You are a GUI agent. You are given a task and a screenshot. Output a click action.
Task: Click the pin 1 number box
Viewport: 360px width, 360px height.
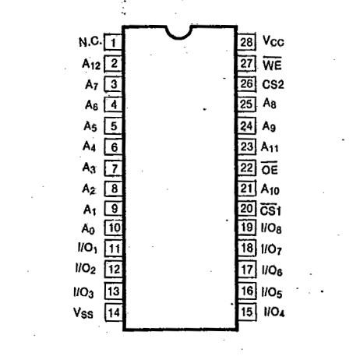pos(113,42)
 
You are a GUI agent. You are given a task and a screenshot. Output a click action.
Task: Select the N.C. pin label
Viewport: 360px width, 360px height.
pos(90,41)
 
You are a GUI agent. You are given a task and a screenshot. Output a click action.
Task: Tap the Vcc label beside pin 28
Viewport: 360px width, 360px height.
pos(274,41)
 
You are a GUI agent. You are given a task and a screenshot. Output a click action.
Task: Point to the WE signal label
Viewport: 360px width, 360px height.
pos(272,64)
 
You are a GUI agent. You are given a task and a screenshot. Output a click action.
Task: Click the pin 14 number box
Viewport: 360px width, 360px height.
pos(114,312)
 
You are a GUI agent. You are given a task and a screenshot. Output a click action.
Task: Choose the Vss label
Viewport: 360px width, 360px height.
pos(83,313)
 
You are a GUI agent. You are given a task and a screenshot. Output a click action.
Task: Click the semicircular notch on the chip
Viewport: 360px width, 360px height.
pos(179,33)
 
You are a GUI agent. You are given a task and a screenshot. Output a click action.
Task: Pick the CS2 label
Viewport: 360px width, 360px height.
pos(273,84)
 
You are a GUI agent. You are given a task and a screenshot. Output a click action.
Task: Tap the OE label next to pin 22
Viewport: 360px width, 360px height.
pos(270,168)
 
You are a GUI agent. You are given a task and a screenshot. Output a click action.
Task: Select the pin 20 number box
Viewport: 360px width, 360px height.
pos(247,209)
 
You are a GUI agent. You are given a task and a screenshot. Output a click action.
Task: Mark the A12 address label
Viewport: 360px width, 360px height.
pos(91,64)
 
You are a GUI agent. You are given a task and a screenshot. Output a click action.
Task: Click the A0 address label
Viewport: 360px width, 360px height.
pos(88,229)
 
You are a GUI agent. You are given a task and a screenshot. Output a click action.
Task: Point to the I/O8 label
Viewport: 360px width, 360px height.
pos(271,228)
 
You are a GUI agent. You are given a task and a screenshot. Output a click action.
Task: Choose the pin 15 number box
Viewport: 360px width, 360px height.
pos(247,312)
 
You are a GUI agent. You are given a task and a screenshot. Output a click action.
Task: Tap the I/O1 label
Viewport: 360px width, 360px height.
pos(87,248)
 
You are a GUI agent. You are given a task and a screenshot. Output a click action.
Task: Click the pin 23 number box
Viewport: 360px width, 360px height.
pos(247,147)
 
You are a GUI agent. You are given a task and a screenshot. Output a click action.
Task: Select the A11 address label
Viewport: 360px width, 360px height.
pos(270,147)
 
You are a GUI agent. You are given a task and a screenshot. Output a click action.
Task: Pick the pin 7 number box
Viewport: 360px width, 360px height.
pos(114,168)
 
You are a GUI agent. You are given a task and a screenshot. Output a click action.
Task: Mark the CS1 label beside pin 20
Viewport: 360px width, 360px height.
pos(270,210)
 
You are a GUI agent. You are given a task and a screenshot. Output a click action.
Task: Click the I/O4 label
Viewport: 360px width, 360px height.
pos(274,312)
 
